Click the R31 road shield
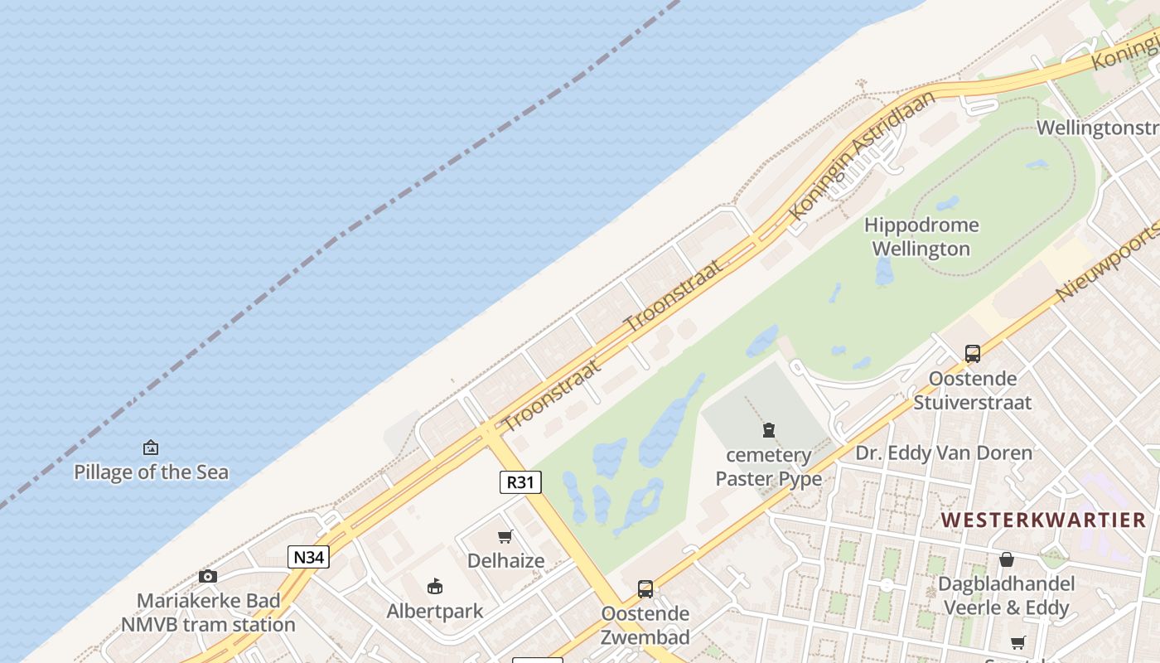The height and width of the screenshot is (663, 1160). pyautogui.click(x=520, y=482)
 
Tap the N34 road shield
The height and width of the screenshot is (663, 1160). pyautogui.click(x=308, y=557)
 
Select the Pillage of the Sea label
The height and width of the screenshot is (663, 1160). pyautogui.click(x=151, y=472)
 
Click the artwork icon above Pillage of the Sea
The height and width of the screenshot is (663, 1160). pyautogui.click(x=151, y=448)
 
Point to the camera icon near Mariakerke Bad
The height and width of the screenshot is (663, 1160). pyautogui.click(x=208, y=576)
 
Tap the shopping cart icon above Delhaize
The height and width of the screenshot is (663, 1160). pyautogui.click(x=505, y=536)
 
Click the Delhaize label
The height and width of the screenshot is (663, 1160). pyautogui.click(x=505, y=561)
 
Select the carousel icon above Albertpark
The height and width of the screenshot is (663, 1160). pyautogui.click(x=435, y=587)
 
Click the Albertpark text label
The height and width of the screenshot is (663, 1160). pyautogui.click(x=435, y=612)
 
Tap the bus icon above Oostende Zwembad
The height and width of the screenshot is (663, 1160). pyautogui.click(x=645, y=589)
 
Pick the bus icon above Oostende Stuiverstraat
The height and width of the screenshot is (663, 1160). pyautogui.click(x=973, y=354)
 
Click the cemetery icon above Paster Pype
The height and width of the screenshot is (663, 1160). pyautogui.click(x=769, y=430)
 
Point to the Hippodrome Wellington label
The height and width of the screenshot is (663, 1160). pyautogui.click(x=921, y=237)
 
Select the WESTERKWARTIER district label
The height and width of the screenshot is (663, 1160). pyautogui.click(x=1044, y=520)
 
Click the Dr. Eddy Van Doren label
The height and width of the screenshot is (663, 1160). pyautogui.click(x=944, y=453)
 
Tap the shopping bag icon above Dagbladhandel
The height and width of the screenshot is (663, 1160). pyautogui.click(x=1006, y=559)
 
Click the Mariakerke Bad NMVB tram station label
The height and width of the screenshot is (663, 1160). pyautogui.click(x=208, y=612)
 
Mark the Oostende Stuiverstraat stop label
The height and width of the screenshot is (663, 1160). pyautogui.click(x=973, y=390)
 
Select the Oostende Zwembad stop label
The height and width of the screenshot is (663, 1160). pyautogui.click(x=645, y=626)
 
